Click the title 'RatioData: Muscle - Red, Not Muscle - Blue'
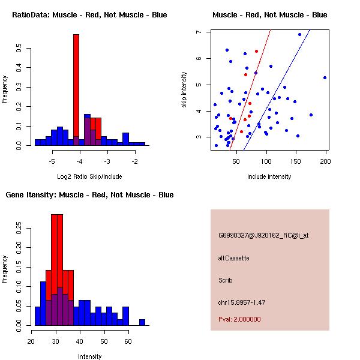89,15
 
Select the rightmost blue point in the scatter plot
325,77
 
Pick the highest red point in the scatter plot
256,52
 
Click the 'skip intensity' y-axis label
185,90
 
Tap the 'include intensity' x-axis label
269,176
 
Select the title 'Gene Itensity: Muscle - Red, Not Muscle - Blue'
89,195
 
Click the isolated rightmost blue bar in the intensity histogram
142,322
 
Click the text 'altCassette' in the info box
233,258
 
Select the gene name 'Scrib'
226,280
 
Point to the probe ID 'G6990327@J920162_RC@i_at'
263,236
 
